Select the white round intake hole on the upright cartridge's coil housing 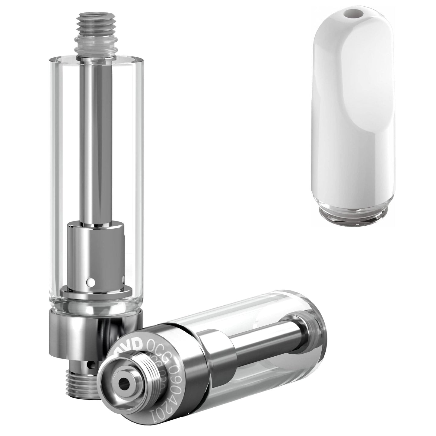point(90,282)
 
